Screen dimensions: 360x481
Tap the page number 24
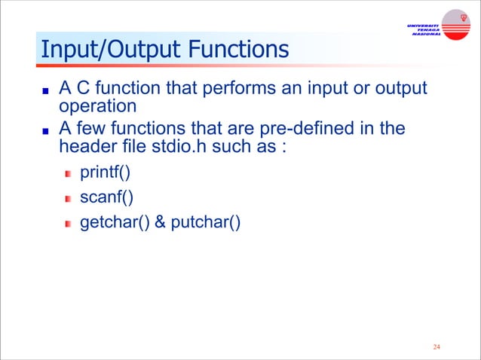point(437,347)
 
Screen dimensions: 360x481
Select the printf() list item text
point(105,175)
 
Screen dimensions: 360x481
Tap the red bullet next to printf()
point(68,175)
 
